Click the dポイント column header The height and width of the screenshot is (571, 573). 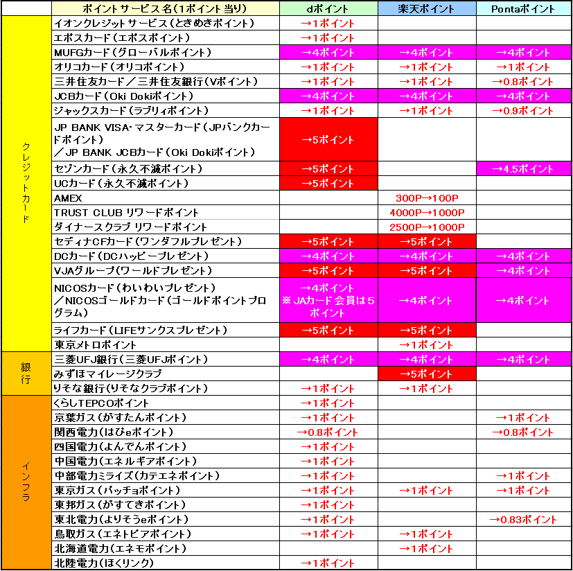pyautogui.click(x=328, y=9)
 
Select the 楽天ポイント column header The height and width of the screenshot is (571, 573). pyautogui.click(x=426, y=9)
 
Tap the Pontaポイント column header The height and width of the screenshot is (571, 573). pyautogui.click(x=524, y=9)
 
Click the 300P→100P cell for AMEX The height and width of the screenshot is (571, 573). pyautogui.click(x=426, y=198)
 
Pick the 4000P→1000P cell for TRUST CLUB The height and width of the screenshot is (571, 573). pyautogui.click(x=426, y=213)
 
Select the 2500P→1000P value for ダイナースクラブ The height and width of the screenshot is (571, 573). pyautogui.click(x=426, y=227)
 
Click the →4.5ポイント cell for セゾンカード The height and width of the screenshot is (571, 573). pyautogui.click(x=524, y=169)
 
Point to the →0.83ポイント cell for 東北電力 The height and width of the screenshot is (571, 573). pyautogui.click(x=524, y=520)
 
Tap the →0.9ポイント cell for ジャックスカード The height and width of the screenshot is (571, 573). pyautogui.click(x=524, y=111)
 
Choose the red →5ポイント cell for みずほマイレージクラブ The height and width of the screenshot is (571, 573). pyautogui.click(x=426, y=374)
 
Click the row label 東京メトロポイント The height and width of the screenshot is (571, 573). pyautogui.click(x=96, y=345)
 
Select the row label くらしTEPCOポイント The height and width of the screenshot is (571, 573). pyautogui.click(x=101, y=403)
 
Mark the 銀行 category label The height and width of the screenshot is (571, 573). pyautogui.click(x=26, y=374)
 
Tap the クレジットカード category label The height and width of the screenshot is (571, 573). pyautogui.click(x=26, y=184)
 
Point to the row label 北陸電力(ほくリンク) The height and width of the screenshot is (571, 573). pyautogui.click(x=103, y=563)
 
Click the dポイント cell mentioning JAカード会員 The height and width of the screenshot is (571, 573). pyautogui.click(x=328, y=301)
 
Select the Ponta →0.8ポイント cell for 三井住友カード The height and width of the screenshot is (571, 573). pyautogui.click(x=524, y=82)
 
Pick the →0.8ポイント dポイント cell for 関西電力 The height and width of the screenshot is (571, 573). pyautogui.click(x=328, y=432)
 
